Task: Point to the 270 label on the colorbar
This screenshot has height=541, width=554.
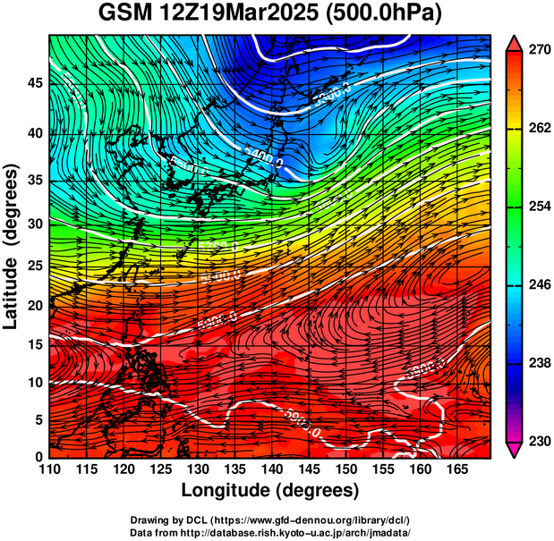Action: click(x=539, y=50)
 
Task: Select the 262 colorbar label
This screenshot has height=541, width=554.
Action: click(x=539, y=128)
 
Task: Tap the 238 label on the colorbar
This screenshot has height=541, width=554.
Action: click(x=539, y=363)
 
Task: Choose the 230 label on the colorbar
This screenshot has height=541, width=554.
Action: click(x=539, y=441)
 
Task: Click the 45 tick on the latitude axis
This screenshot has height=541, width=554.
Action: click(x=35, y=83)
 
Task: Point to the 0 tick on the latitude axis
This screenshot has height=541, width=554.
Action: click(x=39, y=456)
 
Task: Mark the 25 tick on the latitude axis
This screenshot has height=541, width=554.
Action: click(x=35, y=266)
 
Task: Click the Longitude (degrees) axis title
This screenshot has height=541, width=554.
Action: click(x=270, y=490)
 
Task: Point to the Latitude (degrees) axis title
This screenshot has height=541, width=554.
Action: click(x=12, y=246)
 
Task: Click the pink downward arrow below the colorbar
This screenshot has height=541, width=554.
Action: click(x=513, y=452)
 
